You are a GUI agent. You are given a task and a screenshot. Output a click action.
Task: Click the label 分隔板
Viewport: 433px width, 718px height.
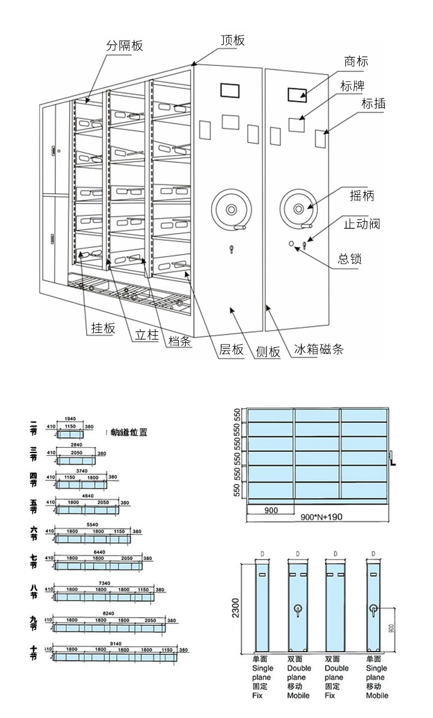pos(124,46)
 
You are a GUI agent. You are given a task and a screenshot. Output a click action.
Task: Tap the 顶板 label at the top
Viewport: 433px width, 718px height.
pos(232,40)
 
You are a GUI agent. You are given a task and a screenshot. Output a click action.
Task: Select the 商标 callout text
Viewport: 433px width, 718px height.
pos(356,61)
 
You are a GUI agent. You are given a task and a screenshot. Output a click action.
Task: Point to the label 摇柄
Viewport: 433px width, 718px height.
pos(362,195)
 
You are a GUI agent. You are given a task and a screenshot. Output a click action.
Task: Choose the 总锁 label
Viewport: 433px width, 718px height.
pos(350,259)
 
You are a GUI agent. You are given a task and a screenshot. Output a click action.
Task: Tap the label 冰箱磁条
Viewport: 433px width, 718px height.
pos(318,349)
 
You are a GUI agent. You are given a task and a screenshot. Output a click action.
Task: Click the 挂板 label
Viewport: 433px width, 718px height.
pos(103,328)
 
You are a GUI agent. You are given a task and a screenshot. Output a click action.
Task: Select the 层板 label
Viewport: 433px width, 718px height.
pos(231,350)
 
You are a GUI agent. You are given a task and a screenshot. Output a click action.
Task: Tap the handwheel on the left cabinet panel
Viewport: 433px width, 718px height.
pos(231,208)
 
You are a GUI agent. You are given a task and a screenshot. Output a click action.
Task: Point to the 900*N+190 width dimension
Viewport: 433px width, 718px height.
pos(321,517)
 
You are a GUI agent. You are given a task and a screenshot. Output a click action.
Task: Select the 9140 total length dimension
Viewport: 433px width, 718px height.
pos(116,643)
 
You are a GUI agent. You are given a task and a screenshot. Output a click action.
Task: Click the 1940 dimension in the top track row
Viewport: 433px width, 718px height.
pos(70,418)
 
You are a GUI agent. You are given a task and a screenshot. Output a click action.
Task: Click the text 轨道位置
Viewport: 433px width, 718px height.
pos(129,432)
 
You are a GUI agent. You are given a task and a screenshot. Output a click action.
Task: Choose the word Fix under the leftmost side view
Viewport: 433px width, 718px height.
pos(257,695)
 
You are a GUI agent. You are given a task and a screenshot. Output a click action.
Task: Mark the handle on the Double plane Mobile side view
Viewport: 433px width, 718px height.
pos(298,610)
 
